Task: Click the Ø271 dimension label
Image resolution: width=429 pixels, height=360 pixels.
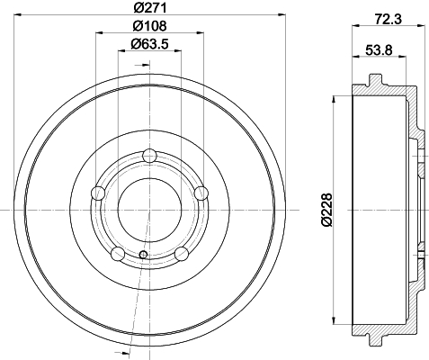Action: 148,9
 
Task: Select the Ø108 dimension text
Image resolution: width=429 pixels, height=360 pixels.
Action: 148,26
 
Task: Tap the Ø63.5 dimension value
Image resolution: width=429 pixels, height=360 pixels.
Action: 148,44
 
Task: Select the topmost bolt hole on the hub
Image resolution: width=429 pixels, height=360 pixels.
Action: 149,159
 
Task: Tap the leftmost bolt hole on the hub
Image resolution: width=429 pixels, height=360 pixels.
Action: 98,193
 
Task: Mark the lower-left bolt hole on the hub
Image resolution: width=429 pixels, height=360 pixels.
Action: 116,253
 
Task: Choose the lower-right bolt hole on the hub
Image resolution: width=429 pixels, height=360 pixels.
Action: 183,253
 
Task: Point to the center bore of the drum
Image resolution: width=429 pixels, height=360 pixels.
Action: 149,209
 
